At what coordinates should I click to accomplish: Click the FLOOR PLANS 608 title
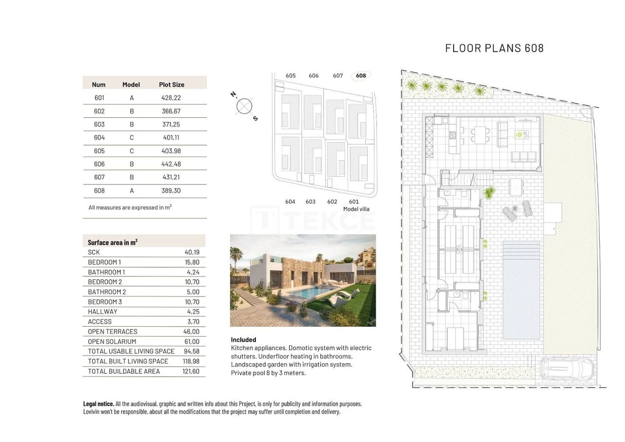(494, 48)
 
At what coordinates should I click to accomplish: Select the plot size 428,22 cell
(171, 98)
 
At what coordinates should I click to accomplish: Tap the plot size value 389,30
(171, 190)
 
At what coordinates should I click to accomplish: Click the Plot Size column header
(171, 84)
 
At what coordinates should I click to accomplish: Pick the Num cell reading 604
(99, 138)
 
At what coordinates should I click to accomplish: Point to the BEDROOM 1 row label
(104, 262)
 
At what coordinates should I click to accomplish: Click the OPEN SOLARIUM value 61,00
(192, 341)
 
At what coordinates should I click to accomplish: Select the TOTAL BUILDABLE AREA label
(124, 371)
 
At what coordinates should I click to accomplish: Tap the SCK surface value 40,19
(192, 252)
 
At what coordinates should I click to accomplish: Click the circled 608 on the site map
(361, 76)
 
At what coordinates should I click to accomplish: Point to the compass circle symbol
(244, 106)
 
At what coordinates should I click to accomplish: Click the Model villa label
(356, 209)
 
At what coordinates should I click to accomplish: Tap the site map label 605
(291, 76)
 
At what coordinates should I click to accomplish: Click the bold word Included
(243, 339)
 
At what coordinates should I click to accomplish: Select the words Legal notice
(99, 404)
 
